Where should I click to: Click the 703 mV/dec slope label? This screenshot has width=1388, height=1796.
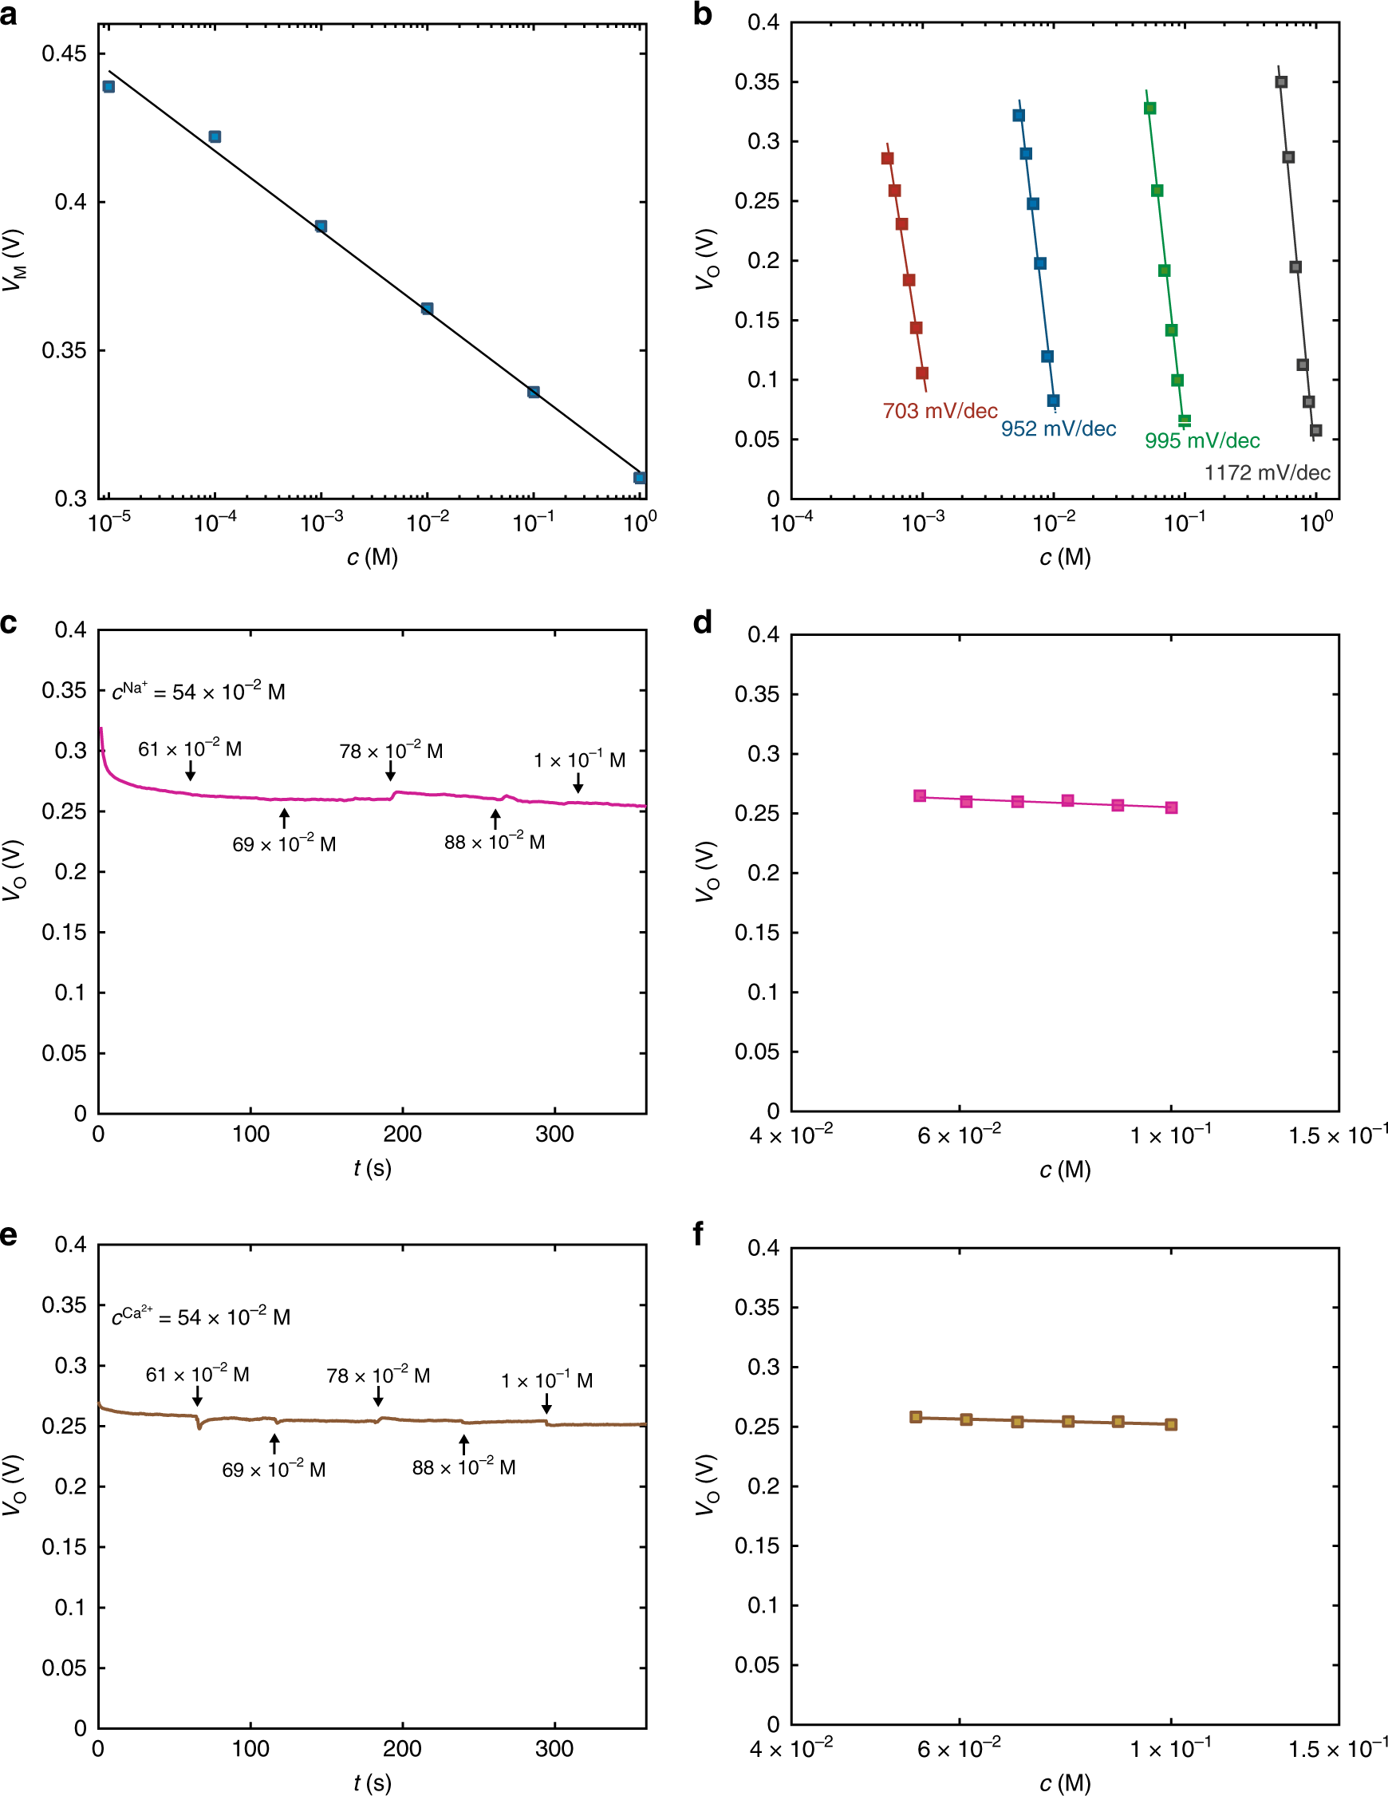coord(940,411)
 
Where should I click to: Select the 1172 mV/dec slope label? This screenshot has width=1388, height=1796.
coord(1267,473)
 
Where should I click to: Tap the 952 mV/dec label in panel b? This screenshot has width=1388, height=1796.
coord(1059,429)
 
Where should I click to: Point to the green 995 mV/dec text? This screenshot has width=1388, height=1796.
coord(1202,440)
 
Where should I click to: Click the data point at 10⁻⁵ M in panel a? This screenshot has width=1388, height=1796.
coord(108,86)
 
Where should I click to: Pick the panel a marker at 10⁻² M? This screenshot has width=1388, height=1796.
coord(427,309)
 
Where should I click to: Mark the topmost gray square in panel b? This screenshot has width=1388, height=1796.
coord(1281,82)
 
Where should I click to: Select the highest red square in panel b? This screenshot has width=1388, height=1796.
coord(887,159)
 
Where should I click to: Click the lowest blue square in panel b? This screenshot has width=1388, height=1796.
coord(1053,401)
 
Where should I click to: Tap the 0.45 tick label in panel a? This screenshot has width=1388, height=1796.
coord(64,54)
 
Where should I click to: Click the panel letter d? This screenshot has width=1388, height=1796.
coord(702,622)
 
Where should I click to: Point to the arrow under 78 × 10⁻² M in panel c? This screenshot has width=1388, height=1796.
coord(391,771)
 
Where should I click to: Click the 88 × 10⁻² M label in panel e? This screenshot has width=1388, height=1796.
coord(463,1467)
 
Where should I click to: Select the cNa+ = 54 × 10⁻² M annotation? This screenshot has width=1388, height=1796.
coord(198,691)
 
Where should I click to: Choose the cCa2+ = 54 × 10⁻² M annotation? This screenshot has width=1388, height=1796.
coord(201,1316)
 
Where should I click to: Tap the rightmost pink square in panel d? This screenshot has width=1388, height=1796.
coord(1171,807)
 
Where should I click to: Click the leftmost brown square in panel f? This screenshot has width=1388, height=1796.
coord(916,1417)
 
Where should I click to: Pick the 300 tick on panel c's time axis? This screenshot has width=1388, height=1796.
coord(554,1135)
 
